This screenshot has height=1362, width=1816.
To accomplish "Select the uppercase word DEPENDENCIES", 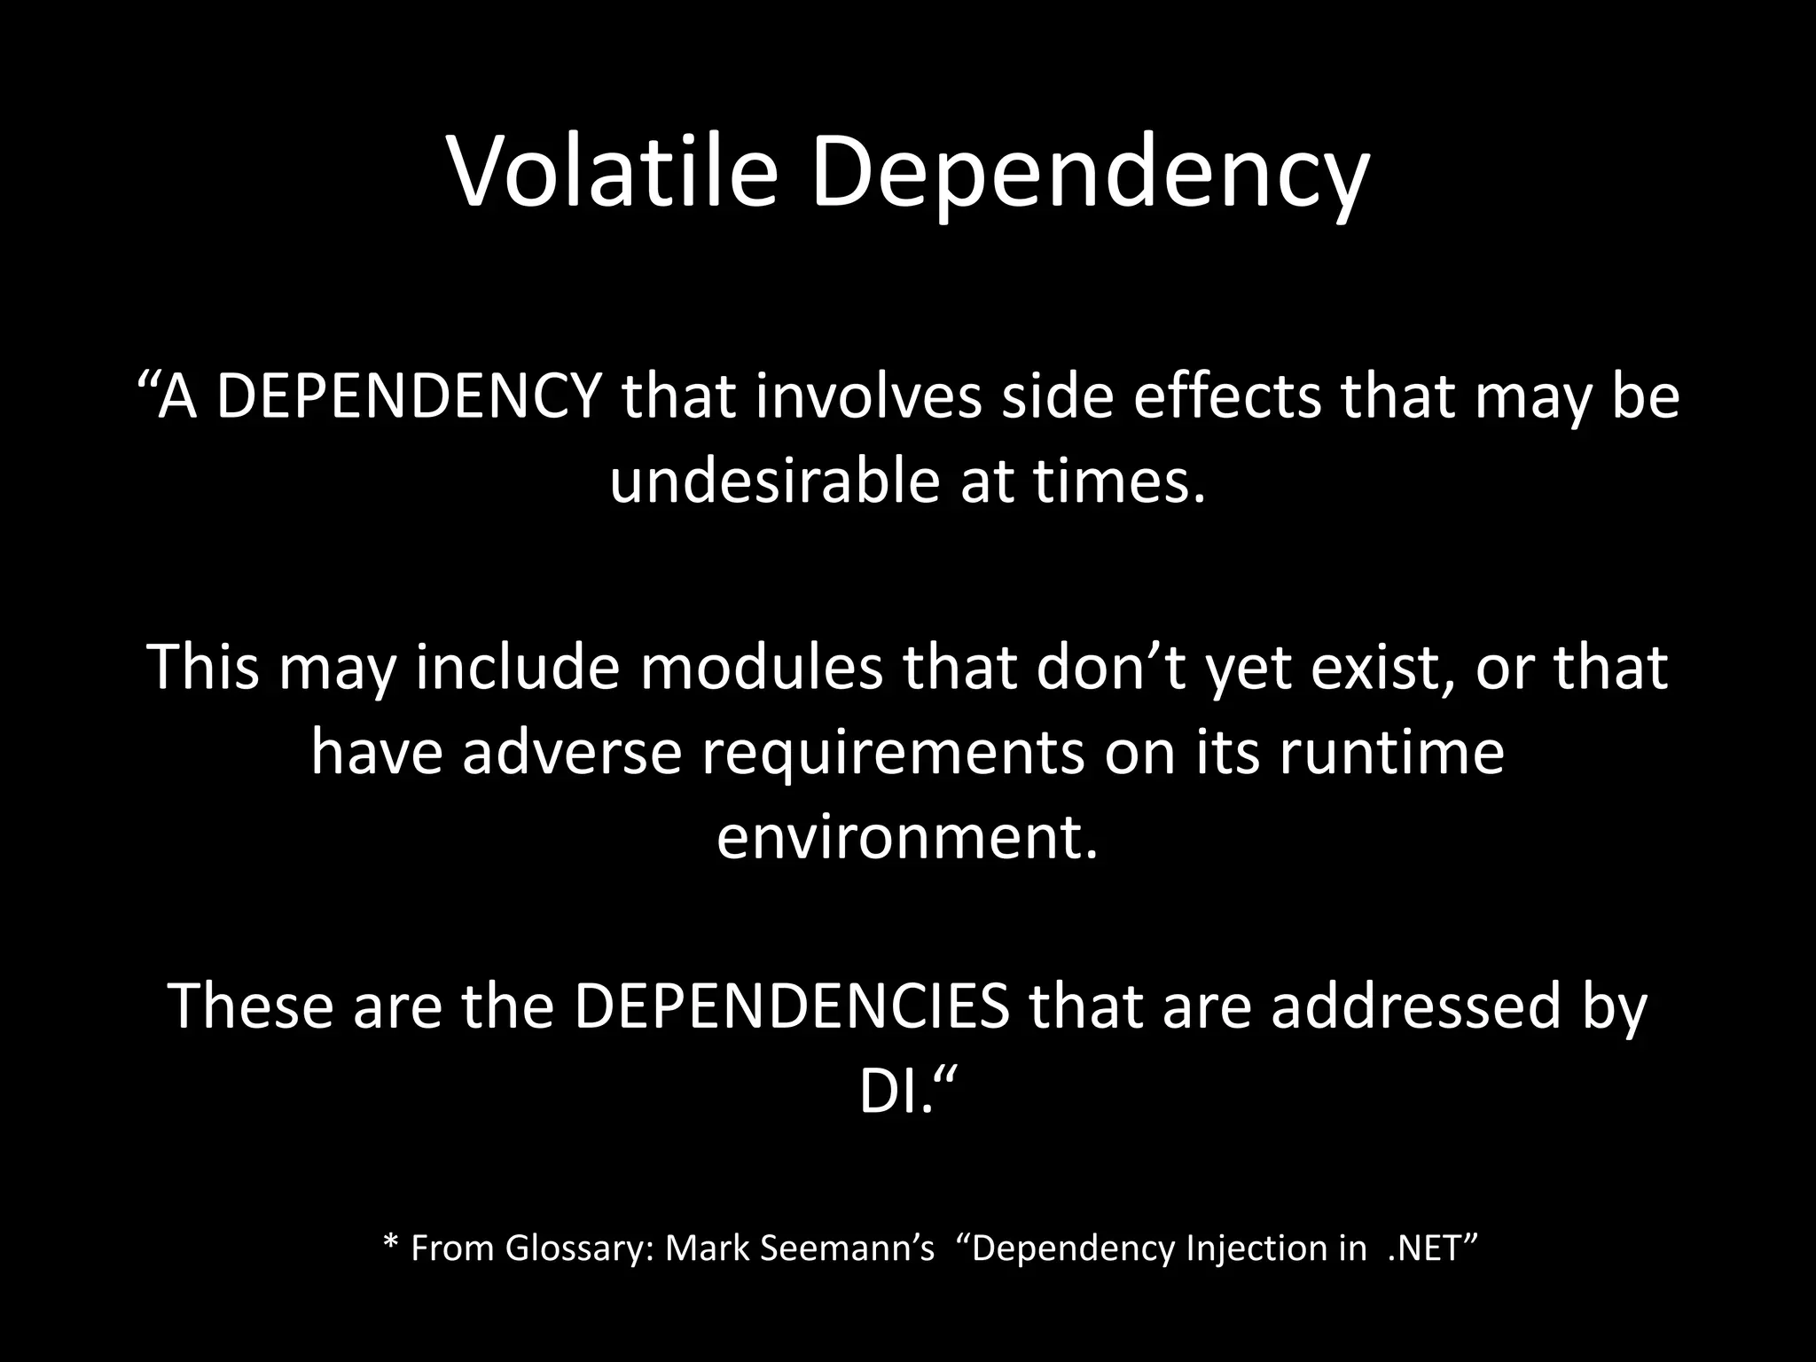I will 793,1007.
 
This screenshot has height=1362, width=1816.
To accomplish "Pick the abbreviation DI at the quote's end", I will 888,1094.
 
